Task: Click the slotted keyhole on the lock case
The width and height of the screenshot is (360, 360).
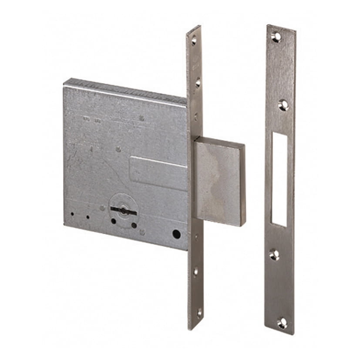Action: pyautogui.click(x=123, y=211)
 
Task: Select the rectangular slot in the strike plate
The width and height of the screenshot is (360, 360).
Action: pyautogui.click(x=279, y=179)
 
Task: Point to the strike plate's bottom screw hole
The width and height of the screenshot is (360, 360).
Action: pyautogui.click(x=282, y=323)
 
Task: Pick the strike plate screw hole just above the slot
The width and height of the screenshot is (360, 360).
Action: pyautogui.click(x=283, y=105)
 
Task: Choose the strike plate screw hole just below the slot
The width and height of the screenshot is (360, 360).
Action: pyautogui.click(x=274, y=254)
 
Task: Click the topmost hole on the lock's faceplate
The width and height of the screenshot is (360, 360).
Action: pyautogui.click(x=194, y=40)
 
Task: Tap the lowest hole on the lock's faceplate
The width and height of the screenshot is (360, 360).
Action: pyautogui.click(x=199, y=312)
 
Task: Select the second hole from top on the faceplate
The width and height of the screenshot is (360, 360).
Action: pyautogui.click(x=198, y=82)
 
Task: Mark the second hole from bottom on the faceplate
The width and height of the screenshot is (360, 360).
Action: pyautogui.click(x=195, y=271)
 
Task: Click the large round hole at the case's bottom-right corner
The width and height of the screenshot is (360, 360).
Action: pyautogui.click(x=176, y=234)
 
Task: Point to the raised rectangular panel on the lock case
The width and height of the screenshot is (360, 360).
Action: pyautogui.click(x=159, y=173)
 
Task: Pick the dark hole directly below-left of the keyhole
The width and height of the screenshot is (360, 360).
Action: pyautogui.click(x=113, y=221)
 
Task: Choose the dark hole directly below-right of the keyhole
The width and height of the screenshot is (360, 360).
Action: pyautogui.click(x=134, y=225)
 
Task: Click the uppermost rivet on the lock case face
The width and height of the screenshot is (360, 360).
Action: pyautogui.click(x=141, y=118)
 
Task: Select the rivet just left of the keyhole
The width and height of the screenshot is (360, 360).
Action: pyautogui.click(x=102, y=208)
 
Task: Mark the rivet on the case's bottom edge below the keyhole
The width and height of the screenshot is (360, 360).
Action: pyautogui.click(x=142, y=233)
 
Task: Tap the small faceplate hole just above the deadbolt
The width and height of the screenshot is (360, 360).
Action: pyautogui.click(x=196, y=117)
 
